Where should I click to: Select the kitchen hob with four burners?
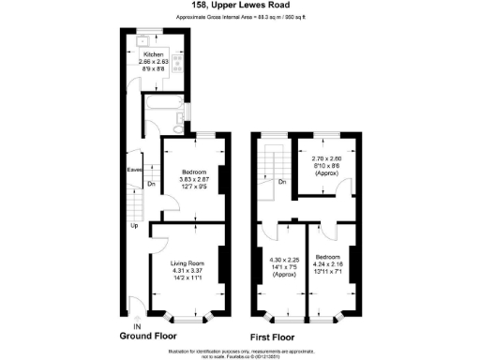coord(175,67)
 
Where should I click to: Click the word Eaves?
coord(134,170)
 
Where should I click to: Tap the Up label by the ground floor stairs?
coord(134,225)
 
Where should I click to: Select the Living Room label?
coord(187,264)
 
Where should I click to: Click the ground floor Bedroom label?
coord(192,172)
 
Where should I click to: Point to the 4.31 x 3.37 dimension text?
coord(187,271)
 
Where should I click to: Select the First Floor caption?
coord(273,335)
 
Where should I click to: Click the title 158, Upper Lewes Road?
coord(240,7)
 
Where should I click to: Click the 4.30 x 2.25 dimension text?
coord(282,260)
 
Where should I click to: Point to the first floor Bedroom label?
coord(328,256)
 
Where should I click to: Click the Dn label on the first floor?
coord(281,181)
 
